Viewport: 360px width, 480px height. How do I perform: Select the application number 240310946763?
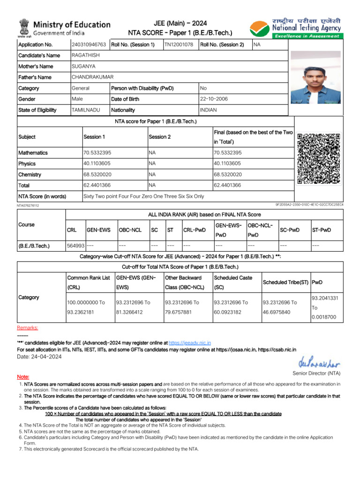[x=89, y=45]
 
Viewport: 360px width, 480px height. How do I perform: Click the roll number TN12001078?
[x=179, y=45]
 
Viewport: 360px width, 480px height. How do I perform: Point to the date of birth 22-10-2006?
[x=214, y=99]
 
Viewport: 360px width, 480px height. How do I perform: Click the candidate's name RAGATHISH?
[x=85, y=55]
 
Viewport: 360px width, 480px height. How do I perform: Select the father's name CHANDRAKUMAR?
[x=92, y=77]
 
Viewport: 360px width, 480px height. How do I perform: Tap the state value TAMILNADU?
[x=86, y=110]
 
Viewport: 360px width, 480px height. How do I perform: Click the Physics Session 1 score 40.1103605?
[x=97, y=164]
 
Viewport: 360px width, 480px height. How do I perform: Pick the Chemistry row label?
[x=30, y=175]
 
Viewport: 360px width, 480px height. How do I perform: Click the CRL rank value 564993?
[x=75, y=245]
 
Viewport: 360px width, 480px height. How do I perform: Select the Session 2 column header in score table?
[x=159, y=137]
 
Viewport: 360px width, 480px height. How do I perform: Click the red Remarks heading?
[x=28, y=328]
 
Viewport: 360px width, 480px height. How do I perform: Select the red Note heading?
[x=23, y=377]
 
